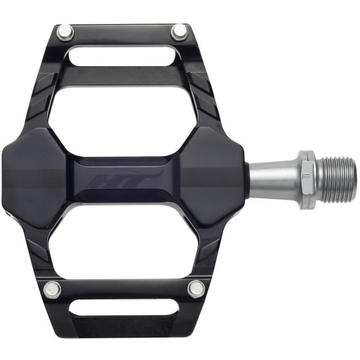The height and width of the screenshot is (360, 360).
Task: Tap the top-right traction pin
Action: pyautogui.click(x=179, y=30)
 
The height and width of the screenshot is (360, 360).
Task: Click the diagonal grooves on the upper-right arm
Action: pyautogui.click(x=205, y=92)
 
